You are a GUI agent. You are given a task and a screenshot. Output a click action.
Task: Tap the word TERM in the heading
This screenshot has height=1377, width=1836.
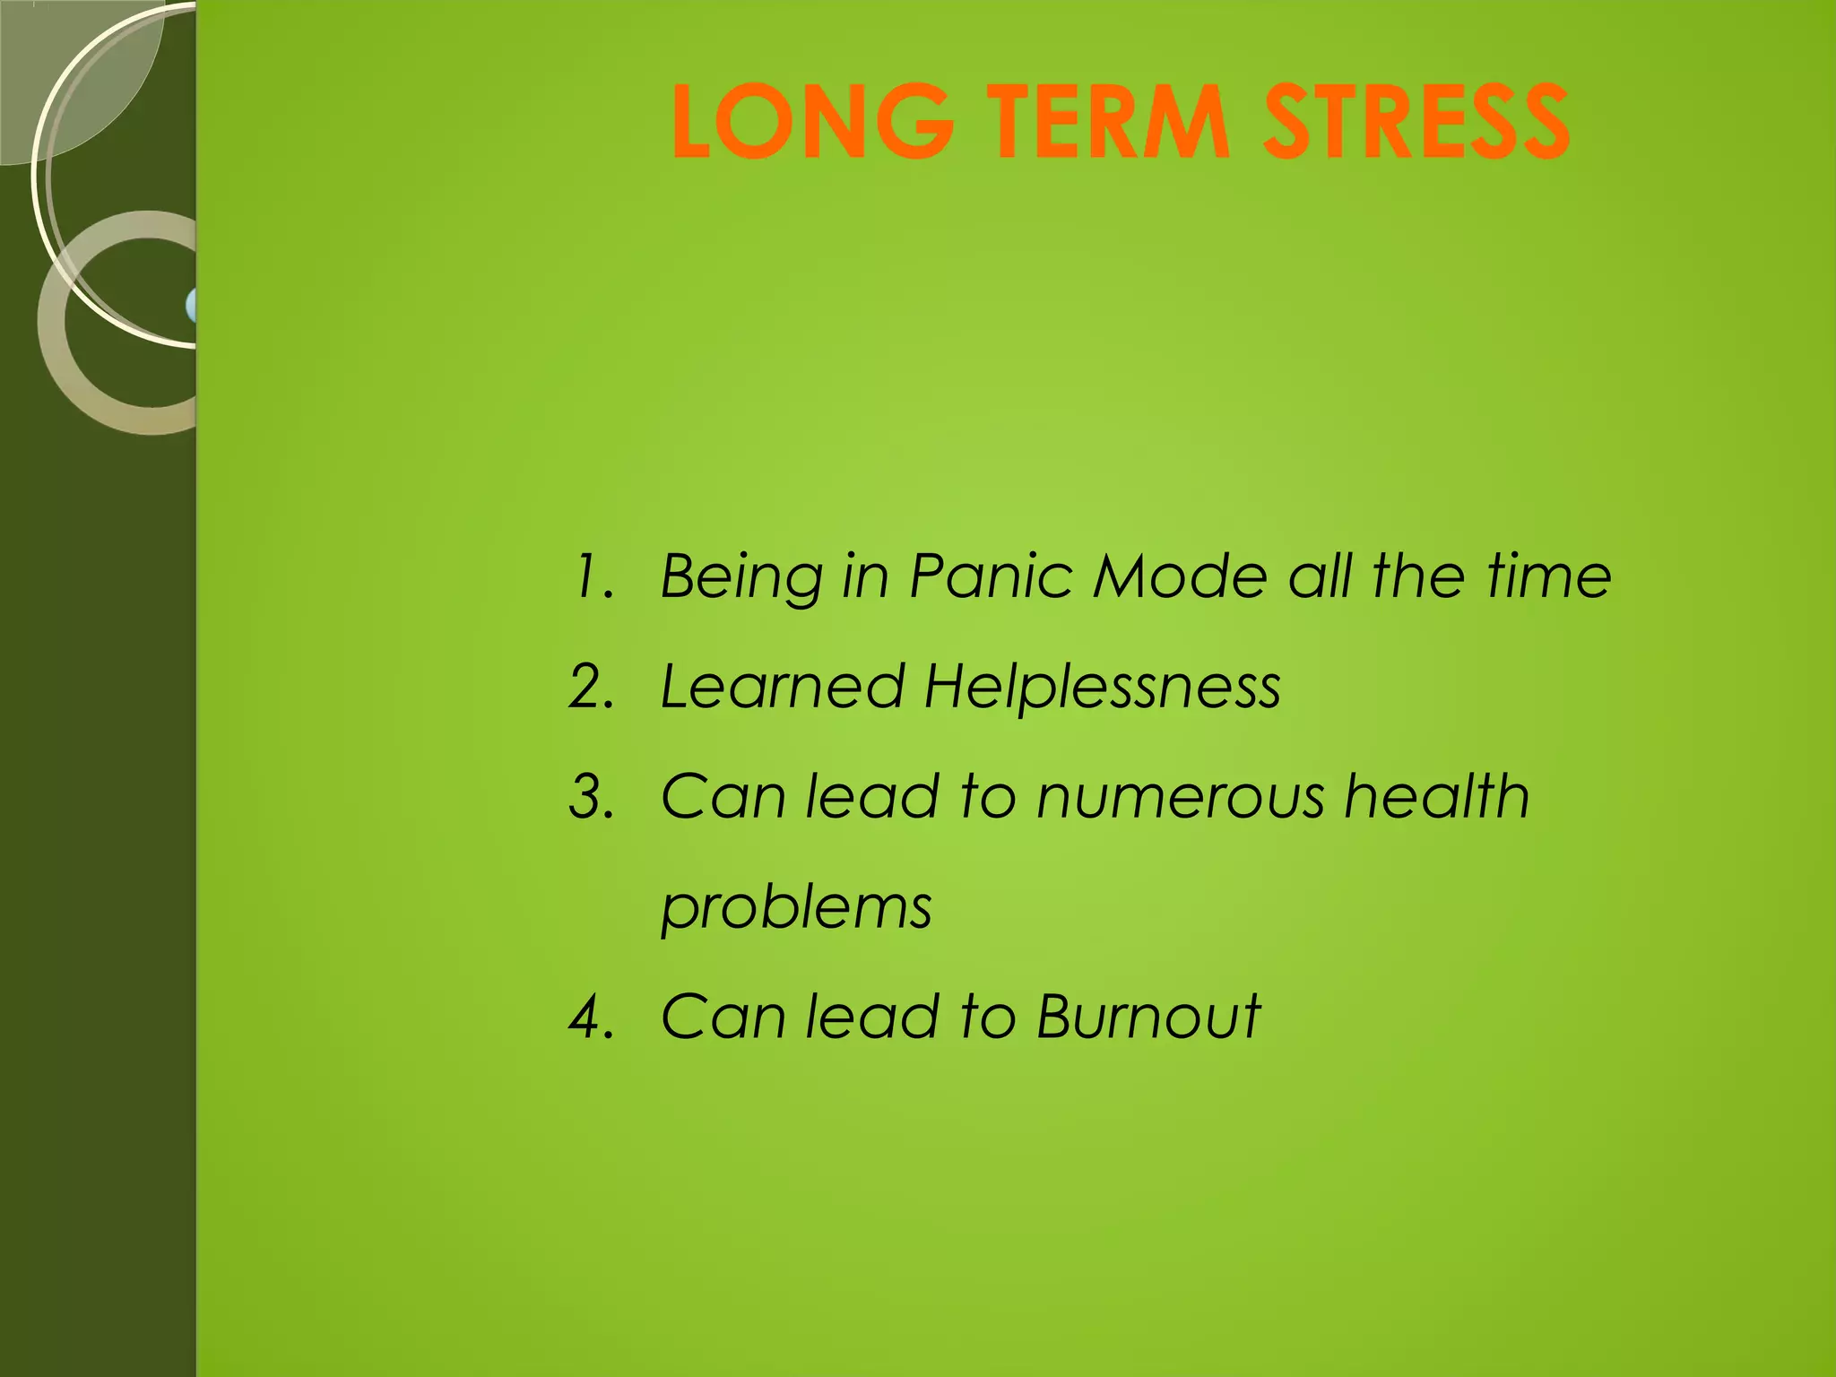click(1108, 122)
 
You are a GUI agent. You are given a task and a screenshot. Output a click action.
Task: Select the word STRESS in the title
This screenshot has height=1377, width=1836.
click(1416, 122)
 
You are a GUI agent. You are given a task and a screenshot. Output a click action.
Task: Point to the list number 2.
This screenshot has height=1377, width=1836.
click(592, 688)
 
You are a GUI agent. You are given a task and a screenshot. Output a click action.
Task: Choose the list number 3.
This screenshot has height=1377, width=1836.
click(592, 797)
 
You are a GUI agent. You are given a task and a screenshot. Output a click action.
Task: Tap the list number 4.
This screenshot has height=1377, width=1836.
click(592, 1018)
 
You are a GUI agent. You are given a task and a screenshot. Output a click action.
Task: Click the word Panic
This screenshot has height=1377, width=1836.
click(991, 576)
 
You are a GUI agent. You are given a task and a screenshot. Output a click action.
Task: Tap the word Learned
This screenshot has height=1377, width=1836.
click(782, 688)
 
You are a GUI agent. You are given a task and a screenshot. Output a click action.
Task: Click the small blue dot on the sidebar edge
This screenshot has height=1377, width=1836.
click(191, 306)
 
